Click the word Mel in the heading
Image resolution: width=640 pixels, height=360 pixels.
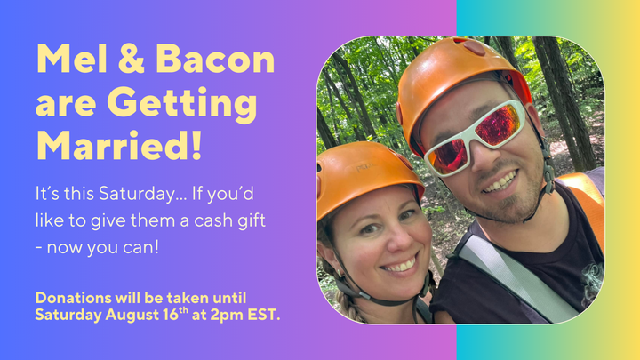coord(72,59)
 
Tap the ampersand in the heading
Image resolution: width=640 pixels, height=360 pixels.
coord(132,59)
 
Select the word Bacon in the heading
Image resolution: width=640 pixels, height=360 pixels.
coord(215,59)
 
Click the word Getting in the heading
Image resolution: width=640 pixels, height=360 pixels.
coord(182,104)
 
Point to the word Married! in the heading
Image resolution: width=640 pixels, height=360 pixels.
coord(119,146)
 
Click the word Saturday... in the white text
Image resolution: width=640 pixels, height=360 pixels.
coord(142,194)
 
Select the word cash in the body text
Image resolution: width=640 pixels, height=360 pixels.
coord(213,220)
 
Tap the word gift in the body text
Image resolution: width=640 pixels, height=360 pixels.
coord(252,221)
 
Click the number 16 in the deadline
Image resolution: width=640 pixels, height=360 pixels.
coord(174,315)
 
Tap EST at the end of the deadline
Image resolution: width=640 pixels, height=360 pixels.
coord(264,315)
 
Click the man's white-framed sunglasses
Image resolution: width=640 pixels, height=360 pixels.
coord(475,137)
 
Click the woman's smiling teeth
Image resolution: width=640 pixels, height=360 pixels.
coord(400,265)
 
